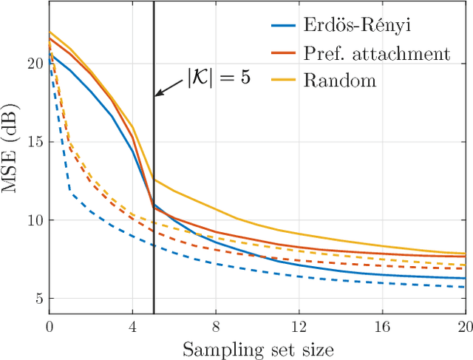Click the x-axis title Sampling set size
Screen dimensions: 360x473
pos(257,347)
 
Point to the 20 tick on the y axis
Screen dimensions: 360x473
pos(33,64)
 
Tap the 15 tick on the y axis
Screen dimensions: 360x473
pos(33,142)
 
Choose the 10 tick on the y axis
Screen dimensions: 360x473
pos(33,220)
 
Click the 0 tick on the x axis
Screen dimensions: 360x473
pos(50,325)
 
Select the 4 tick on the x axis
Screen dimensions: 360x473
pos(133,325)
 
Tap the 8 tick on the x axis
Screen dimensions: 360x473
pos(216,325)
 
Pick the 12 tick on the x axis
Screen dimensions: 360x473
pos(299,325)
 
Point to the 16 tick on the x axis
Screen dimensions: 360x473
pos(382,325)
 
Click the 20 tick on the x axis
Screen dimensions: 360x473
pos(463,325)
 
